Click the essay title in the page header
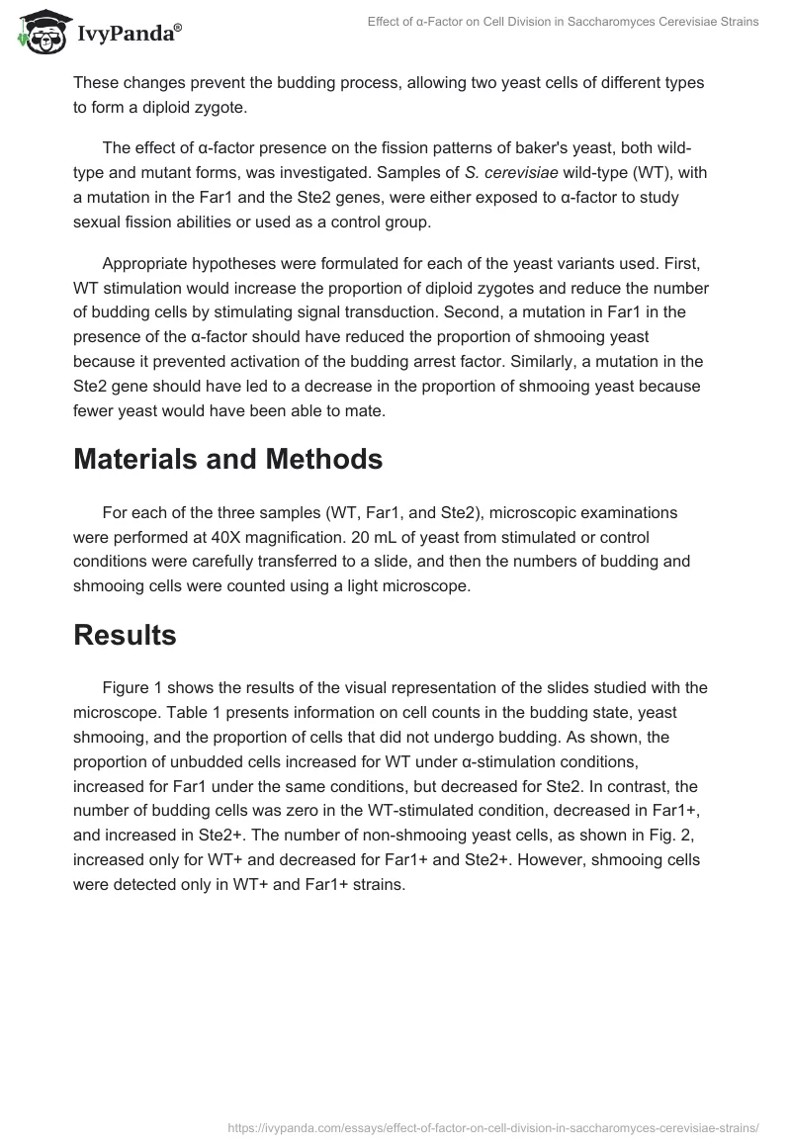pos(562,22)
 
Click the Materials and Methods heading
pos(227,459)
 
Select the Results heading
pos(125,635)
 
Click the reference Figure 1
pos(136,687)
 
